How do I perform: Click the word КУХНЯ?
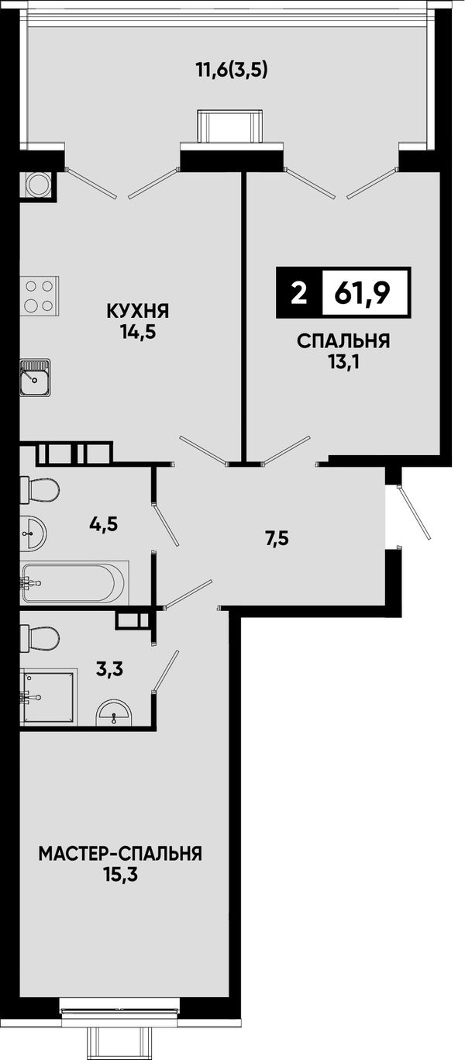coord(138,312)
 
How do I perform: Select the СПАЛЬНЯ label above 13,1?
coord(343,341)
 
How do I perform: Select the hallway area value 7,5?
coord(277,538)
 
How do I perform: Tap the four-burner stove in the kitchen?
coord(40,295)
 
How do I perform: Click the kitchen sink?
coord(36,377)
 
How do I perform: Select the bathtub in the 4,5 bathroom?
coord(74,582)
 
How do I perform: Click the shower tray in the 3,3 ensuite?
coord(48,696)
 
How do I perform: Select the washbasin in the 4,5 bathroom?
coord(33,533)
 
